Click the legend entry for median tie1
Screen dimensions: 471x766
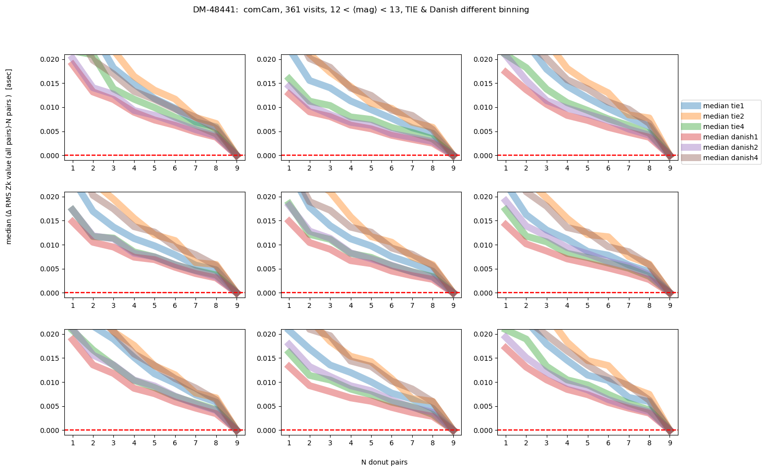point(723,106)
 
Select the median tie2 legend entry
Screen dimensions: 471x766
point(723,116)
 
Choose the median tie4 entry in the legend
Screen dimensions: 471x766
point(723,127)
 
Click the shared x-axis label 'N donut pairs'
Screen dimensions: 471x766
point(384,463)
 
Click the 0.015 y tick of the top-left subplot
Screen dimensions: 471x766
point(50,83)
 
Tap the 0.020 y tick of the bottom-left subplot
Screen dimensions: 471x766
point(50,334)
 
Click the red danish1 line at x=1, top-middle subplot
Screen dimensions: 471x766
point(289,93)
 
